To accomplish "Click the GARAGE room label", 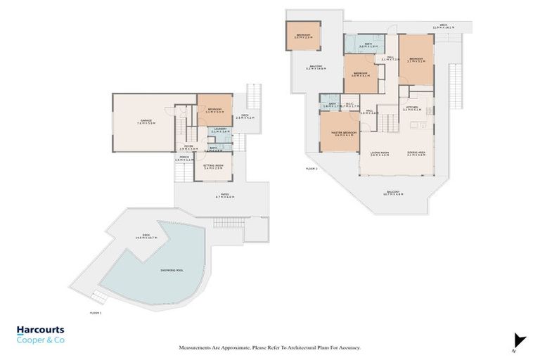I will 146,121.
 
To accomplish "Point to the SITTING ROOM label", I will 214,166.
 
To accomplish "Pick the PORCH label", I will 184,157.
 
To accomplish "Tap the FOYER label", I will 187,147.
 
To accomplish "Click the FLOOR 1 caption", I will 96,311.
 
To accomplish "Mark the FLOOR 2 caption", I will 311,169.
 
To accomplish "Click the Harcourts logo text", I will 40,330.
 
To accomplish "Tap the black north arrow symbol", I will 519,340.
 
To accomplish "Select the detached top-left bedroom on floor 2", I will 303,35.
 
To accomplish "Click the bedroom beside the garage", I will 214,110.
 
